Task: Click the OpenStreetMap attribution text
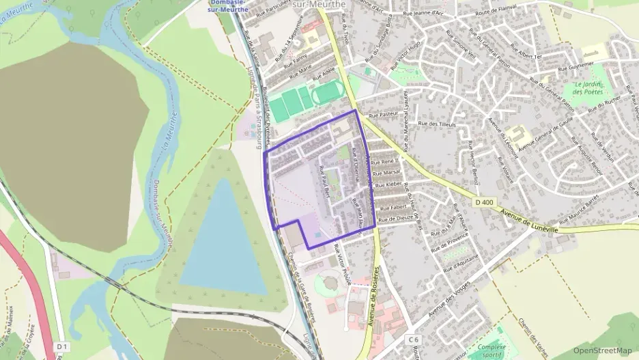tap(602, 350)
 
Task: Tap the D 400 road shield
tap(483, 202)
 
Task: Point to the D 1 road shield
tap(62, 346)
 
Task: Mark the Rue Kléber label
tap(389, 184)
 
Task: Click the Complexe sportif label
tap(492, 351)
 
